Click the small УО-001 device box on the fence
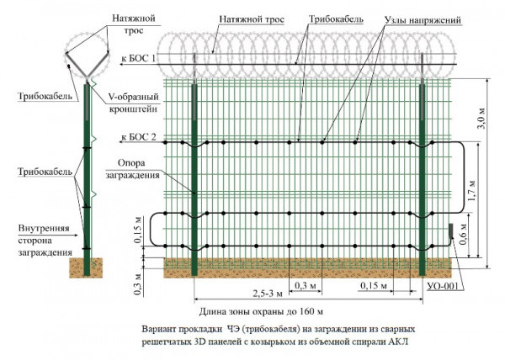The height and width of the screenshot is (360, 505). tap(450, 230)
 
